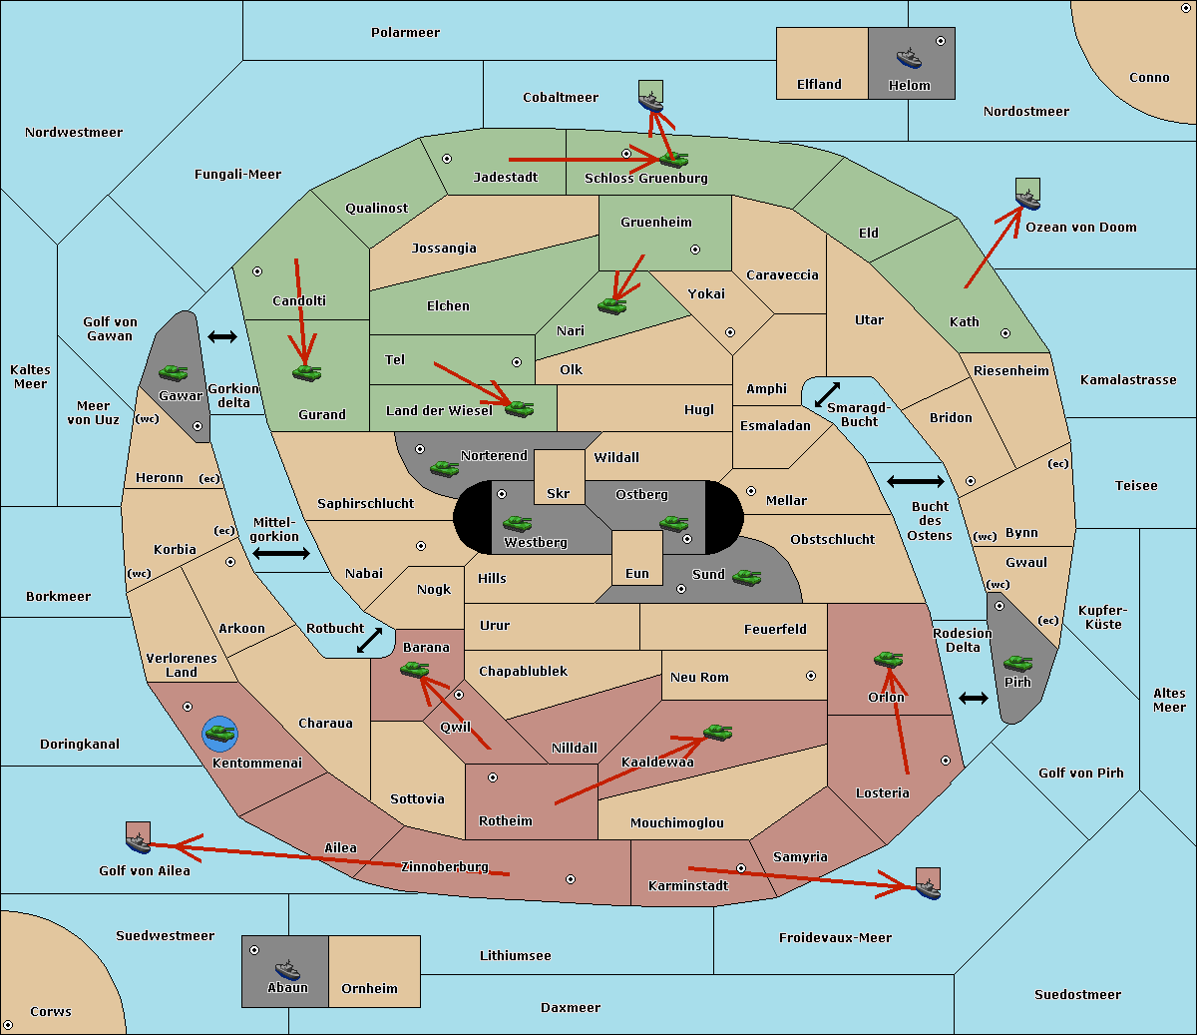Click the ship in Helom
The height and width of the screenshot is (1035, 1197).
click(x=909, y=58)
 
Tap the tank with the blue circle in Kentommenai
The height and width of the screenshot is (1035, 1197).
click(x=220, y=733)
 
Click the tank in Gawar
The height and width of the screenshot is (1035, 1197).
click(x=174, y=372)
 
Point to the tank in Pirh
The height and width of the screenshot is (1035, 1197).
click(x=1017, y=663)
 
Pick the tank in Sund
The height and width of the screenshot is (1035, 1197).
click(x=746, y=577)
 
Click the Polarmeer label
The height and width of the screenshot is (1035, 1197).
click(x=405, y=33)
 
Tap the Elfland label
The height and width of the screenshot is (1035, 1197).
click(x=819, y=85)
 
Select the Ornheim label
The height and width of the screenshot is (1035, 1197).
click(x=369, y=988)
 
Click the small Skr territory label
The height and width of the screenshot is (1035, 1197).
click(x=559, y=493)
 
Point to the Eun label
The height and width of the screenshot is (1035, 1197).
click(x=637, y=573)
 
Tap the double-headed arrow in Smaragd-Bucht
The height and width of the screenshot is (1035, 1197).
click(x=827, y=394)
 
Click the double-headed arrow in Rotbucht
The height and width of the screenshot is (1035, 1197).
click(x=369, y=640)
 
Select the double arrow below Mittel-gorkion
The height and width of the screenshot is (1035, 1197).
click(x=281, y=553)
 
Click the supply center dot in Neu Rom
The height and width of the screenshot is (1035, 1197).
click(x=811, y=676)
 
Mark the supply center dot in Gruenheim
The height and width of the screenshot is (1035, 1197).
click(x=695, y=250)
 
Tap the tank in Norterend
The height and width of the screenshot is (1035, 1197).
click(x=444, y=468)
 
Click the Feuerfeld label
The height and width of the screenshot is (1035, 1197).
click(x=775, y=629)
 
